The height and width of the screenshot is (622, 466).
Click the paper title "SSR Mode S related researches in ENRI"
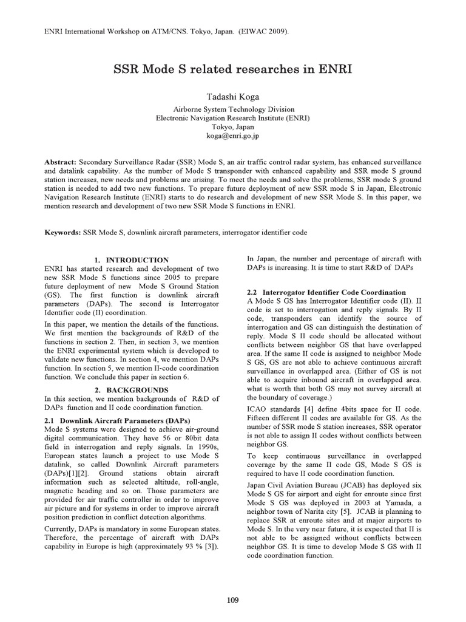pyautogui.click(x=233, y=69)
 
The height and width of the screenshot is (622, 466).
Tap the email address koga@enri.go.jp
pyautogui.click(x=233, y=137)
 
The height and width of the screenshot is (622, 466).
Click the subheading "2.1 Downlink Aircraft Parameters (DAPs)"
pyautogui.click(x=118, y=420)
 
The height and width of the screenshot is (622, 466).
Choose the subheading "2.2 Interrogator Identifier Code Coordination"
pyautogui.click(x=326, y=292)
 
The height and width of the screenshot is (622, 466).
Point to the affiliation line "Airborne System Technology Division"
pyautogui.click(x=233, y=109)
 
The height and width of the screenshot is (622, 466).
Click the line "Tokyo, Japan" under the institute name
pyautogui.click(x=233, y=128)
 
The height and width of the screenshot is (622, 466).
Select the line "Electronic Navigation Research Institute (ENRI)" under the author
pyautogui.click(x=233, y=118)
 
